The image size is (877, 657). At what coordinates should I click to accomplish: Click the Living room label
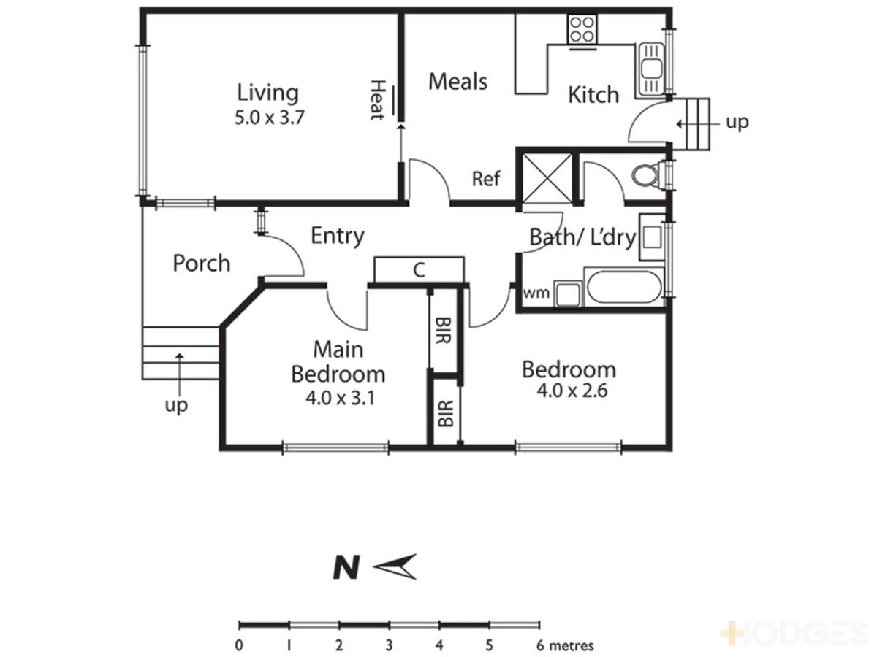coord(267,93)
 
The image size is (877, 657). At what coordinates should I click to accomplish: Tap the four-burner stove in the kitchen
coord(582,29)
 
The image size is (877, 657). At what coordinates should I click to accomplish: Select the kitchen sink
coord(650,70)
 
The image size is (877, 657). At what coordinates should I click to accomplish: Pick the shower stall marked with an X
coord(547,178)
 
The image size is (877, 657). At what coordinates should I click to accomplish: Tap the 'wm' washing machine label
coord(536,293)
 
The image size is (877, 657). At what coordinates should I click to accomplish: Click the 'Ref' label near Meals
coord(486,179)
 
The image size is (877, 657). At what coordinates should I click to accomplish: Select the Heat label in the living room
coord(378,100)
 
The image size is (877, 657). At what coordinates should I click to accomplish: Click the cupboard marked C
coord(419,269)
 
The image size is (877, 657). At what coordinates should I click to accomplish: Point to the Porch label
coord(202,264)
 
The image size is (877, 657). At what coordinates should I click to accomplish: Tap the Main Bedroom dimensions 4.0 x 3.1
coord(341,398)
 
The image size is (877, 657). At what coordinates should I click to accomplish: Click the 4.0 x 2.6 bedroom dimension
coord(572,390)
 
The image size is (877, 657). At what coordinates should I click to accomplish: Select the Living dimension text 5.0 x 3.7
coord(269,118)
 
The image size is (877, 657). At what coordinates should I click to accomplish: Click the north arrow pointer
coord(395,566)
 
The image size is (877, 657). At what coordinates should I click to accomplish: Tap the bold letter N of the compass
coord(346,568)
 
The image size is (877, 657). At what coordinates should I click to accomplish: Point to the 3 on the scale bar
coord(389,645)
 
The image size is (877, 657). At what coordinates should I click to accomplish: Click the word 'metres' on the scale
coord(571,645)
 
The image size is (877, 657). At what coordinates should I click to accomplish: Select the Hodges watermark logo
coord(794,633)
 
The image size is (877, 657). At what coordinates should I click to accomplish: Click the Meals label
coord(458,82)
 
